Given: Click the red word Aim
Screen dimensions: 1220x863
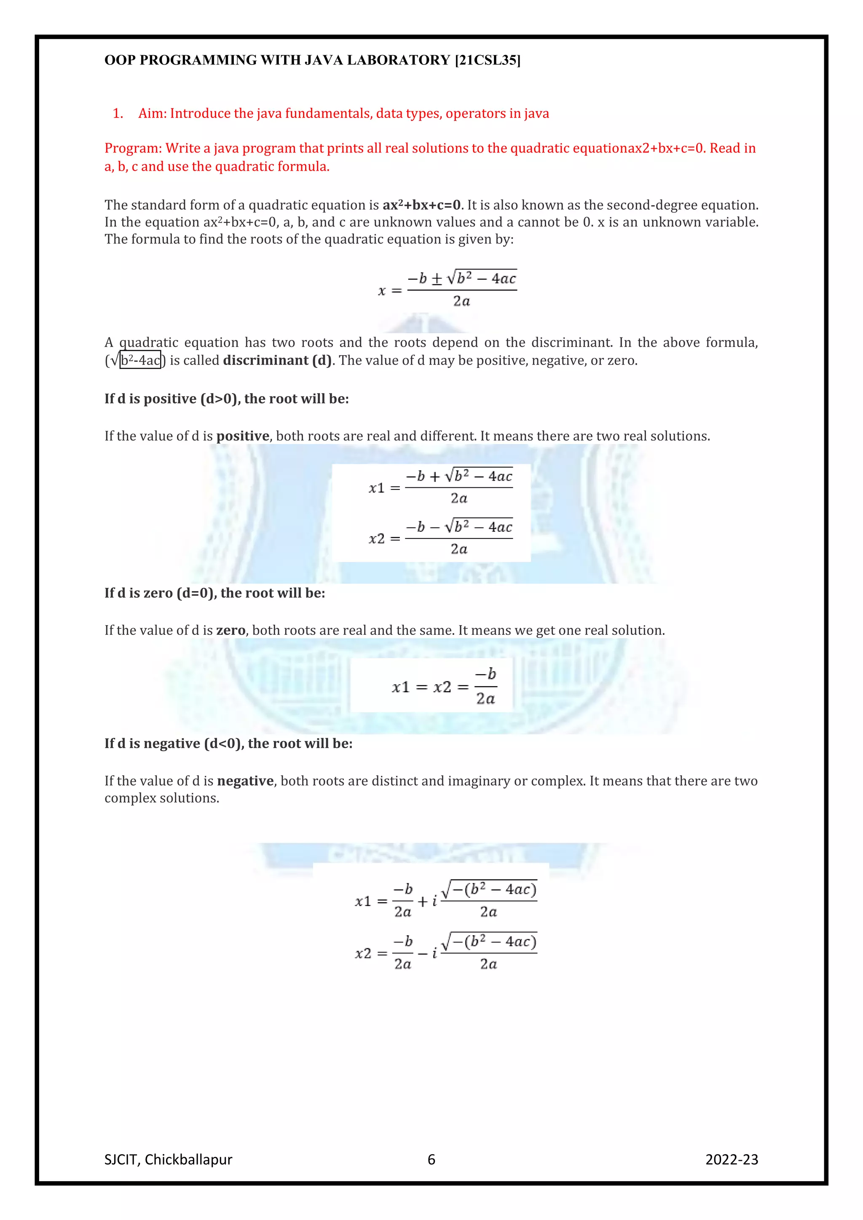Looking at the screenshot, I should click(151, 113).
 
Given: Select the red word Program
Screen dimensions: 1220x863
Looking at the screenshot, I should click(132, 148).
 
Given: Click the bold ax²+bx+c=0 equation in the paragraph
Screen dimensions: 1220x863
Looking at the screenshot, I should click(421, 205).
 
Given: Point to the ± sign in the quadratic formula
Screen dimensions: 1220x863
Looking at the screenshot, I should click(437, 279).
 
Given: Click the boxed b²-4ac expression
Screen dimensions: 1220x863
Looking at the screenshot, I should click(140, 360).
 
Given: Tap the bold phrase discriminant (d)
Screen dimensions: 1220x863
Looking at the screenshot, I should click(277, 360).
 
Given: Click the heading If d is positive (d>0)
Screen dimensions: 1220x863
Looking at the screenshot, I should click(226, 399).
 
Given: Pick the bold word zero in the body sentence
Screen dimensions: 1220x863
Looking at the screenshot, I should click(230, 630).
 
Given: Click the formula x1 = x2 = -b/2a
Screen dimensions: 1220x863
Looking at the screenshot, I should click(443, 687).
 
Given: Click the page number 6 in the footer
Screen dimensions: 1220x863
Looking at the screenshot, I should click(431, 1159).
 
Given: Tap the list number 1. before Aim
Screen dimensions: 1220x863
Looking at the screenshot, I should click(118, 113).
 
